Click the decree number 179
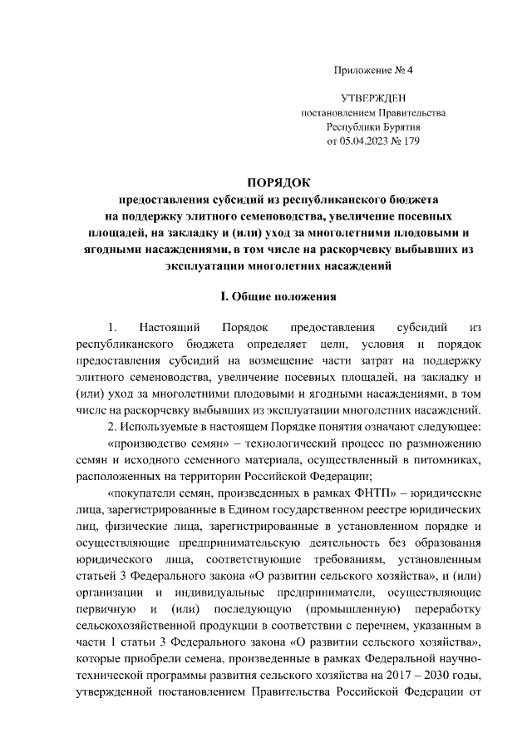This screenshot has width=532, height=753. tap(411, 141)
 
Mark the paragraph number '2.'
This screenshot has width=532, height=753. tap(113, 427)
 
